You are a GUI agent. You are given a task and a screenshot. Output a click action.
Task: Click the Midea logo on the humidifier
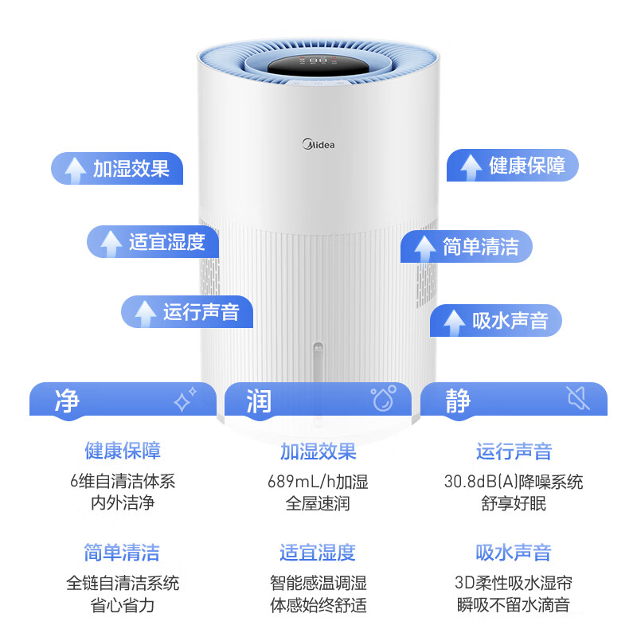point(318,144)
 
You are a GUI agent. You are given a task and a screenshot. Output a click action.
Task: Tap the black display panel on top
point(318,65)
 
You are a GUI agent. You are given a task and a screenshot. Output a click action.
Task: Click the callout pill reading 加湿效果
point(117,168)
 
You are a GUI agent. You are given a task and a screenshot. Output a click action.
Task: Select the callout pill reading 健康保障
point(512,165)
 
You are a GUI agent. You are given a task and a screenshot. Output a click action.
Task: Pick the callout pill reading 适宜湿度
point(153,242)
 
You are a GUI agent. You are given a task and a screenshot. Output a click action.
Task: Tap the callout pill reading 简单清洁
point(467,247)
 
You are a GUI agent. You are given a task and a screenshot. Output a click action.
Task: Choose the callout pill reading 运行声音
point(187,311)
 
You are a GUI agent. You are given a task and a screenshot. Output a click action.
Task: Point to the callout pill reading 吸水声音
point(495,321)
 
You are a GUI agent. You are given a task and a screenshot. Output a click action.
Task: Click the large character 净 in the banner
point(67,401)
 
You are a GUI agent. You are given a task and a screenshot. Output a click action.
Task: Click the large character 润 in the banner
point(259,401)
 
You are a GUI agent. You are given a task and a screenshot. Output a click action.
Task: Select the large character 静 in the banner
point(458,401)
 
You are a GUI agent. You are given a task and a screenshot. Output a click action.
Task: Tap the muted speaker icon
point(579,397)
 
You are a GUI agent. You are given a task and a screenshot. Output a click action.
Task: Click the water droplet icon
point(383,397)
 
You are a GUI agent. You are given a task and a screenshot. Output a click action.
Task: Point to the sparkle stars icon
point(185,399)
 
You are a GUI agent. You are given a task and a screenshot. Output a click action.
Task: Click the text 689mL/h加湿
point(318,482)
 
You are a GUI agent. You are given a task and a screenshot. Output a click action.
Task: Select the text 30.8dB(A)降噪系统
point(514,482)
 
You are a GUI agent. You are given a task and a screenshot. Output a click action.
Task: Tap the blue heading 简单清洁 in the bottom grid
point(122,553)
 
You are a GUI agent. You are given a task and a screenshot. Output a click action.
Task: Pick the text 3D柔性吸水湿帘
point(514,583)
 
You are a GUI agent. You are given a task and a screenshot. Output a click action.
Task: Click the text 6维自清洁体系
point(123,481)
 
